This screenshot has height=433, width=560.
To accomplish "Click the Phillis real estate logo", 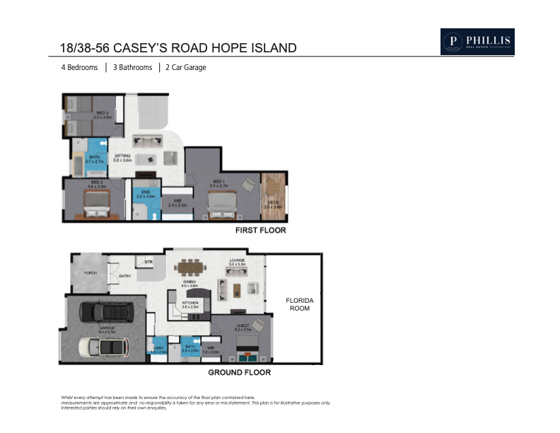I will point(477,42).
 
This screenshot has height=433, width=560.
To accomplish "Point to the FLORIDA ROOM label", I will point(299,305).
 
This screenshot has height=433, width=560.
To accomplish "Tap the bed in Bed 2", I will point(95,209).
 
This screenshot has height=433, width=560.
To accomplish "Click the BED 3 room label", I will point(103,113).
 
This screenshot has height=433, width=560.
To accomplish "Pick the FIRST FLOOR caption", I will point(260,231).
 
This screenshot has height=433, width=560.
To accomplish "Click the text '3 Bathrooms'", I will point(132,68).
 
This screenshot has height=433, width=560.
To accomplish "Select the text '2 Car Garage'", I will point(185,68).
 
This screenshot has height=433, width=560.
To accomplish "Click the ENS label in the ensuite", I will point(146,192).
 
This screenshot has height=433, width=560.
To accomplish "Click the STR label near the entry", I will point(148,262).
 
